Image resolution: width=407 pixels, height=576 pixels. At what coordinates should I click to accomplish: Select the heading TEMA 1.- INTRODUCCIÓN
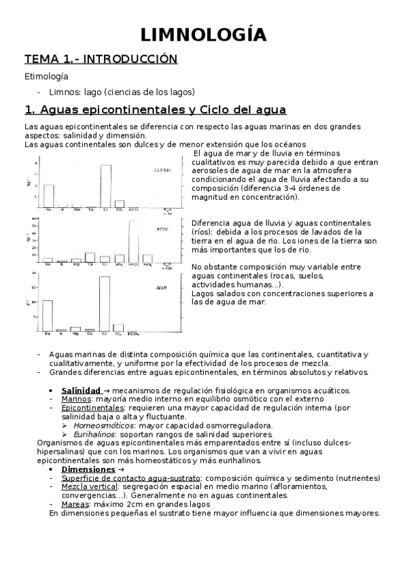click(101, 60)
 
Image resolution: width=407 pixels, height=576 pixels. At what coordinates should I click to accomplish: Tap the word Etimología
click(46, 77)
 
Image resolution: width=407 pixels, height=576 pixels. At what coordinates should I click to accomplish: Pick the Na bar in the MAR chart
click(48, 315)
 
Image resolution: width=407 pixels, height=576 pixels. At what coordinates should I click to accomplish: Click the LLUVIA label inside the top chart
click(161, 170)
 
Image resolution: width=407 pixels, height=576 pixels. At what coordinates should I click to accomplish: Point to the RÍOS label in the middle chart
click(162, 230)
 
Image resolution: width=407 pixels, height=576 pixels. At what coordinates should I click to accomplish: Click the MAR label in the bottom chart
click(162, 288)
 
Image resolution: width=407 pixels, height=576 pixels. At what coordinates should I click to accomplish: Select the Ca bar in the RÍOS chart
click(90, 257)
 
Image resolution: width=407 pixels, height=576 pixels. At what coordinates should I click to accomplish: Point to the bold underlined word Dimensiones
click(88, 450)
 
